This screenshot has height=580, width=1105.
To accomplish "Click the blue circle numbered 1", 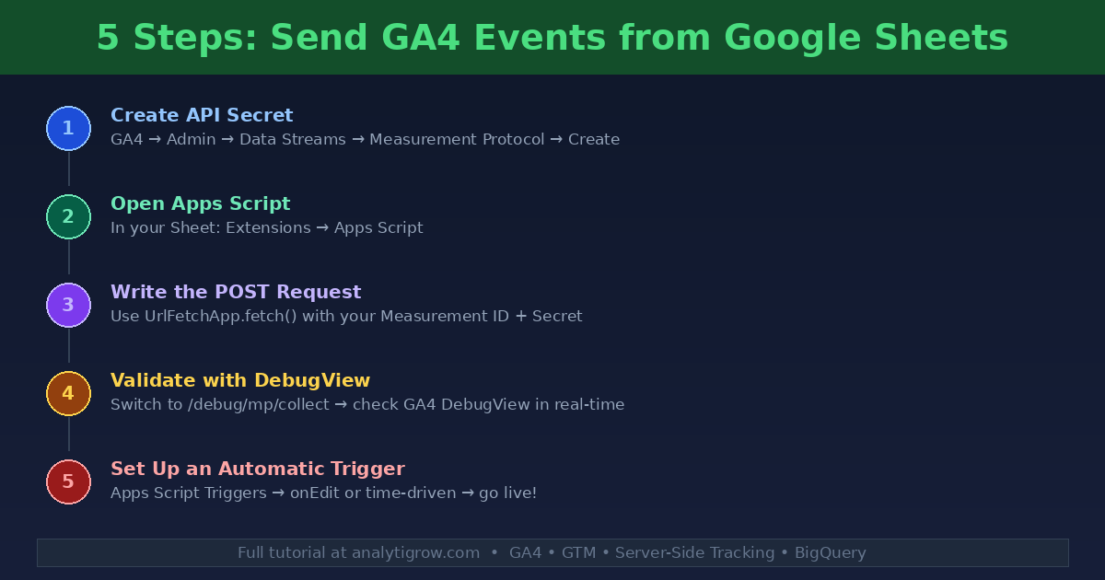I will pyautogui.click(x=68, y=129).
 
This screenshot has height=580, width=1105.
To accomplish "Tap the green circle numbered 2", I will pyautogui.click(x=68, y=217).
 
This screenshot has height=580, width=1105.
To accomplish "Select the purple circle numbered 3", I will pyautogui.click(x=68, y=306).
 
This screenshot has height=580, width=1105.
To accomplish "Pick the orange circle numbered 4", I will pyautogui.click(x=68, y=394).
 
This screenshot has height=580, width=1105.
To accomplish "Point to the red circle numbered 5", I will pyautogui.click(x=68, y=482).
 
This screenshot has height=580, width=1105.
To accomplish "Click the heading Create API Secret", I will pyautogui.click(x=202, y=115).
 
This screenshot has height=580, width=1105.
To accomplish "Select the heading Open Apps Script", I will pyautogui.click(x=200, y=203).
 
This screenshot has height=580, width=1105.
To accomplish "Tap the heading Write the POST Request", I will pyautogui.click(x=236, y=292).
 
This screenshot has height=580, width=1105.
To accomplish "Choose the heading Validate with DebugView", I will pyautogui.click(x=240, y=380).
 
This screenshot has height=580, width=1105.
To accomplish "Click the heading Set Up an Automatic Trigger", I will pyautogui.click(x=258, y=469).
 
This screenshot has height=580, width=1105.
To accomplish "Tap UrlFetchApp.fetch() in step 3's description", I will pyautogui.click(x=215, y=317).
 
